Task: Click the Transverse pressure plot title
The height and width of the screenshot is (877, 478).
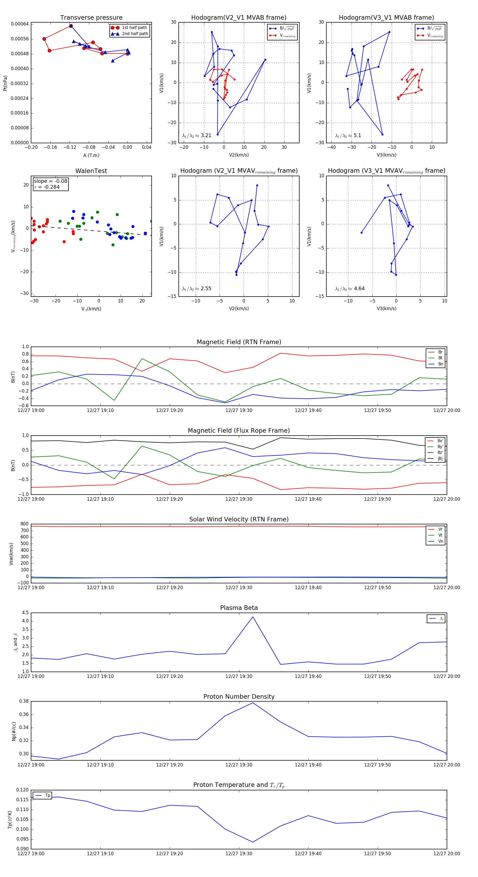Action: coord(91,18)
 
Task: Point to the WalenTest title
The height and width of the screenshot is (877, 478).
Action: coord(91,171)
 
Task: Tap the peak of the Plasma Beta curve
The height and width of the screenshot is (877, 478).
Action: coord(253,617)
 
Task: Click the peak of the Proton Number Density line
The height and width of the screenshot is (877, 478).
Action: coord(253,703)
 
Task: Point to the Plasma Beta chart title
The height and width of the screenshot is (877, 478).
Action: coord(239,608)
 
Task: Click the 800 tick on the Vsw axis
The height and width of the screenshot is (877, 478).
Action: coord(24,524)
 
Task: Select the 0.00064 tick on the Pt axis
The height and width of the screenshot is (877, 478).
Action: coord(20,24)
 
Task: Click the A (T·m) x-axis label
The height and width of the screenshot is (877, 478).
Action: coord(91,155)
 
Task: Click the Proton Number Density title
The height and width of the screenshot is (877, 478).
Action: coord(239,697)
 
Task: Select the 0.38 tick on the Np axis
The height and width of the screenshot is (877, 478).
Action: coord(24,701)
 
